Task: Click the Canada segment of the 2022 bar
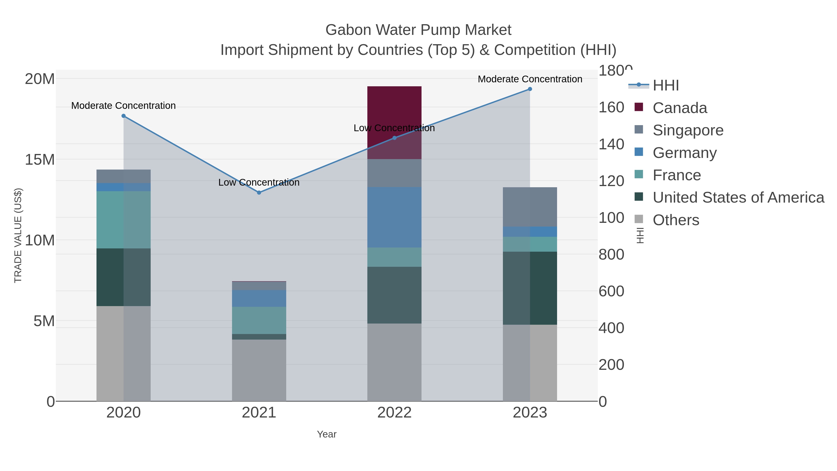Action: [394, 107]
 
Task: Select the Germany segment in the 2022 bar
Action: [394, 217]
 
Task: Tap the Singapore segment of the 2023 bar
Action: [530, 207]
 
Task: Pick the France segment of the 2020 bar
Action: [123, 220]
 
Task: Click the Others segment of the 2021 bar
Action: [259, 370]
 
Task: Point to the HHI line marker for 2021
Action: [259, 192]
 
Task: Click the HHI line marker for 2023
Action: [530, 89]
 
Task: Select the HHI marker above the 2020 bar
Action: [123, 116]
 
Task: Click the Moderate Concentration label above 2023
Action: [530, 79]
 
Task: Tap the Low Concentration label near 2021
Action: [259, 182]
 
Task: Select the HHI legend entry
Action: [665, 86]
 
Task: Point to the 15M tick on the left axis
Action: [40, 160]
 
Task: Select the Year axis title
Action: [327, 434]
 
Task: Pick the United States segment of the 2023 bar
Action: [530, 288]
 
